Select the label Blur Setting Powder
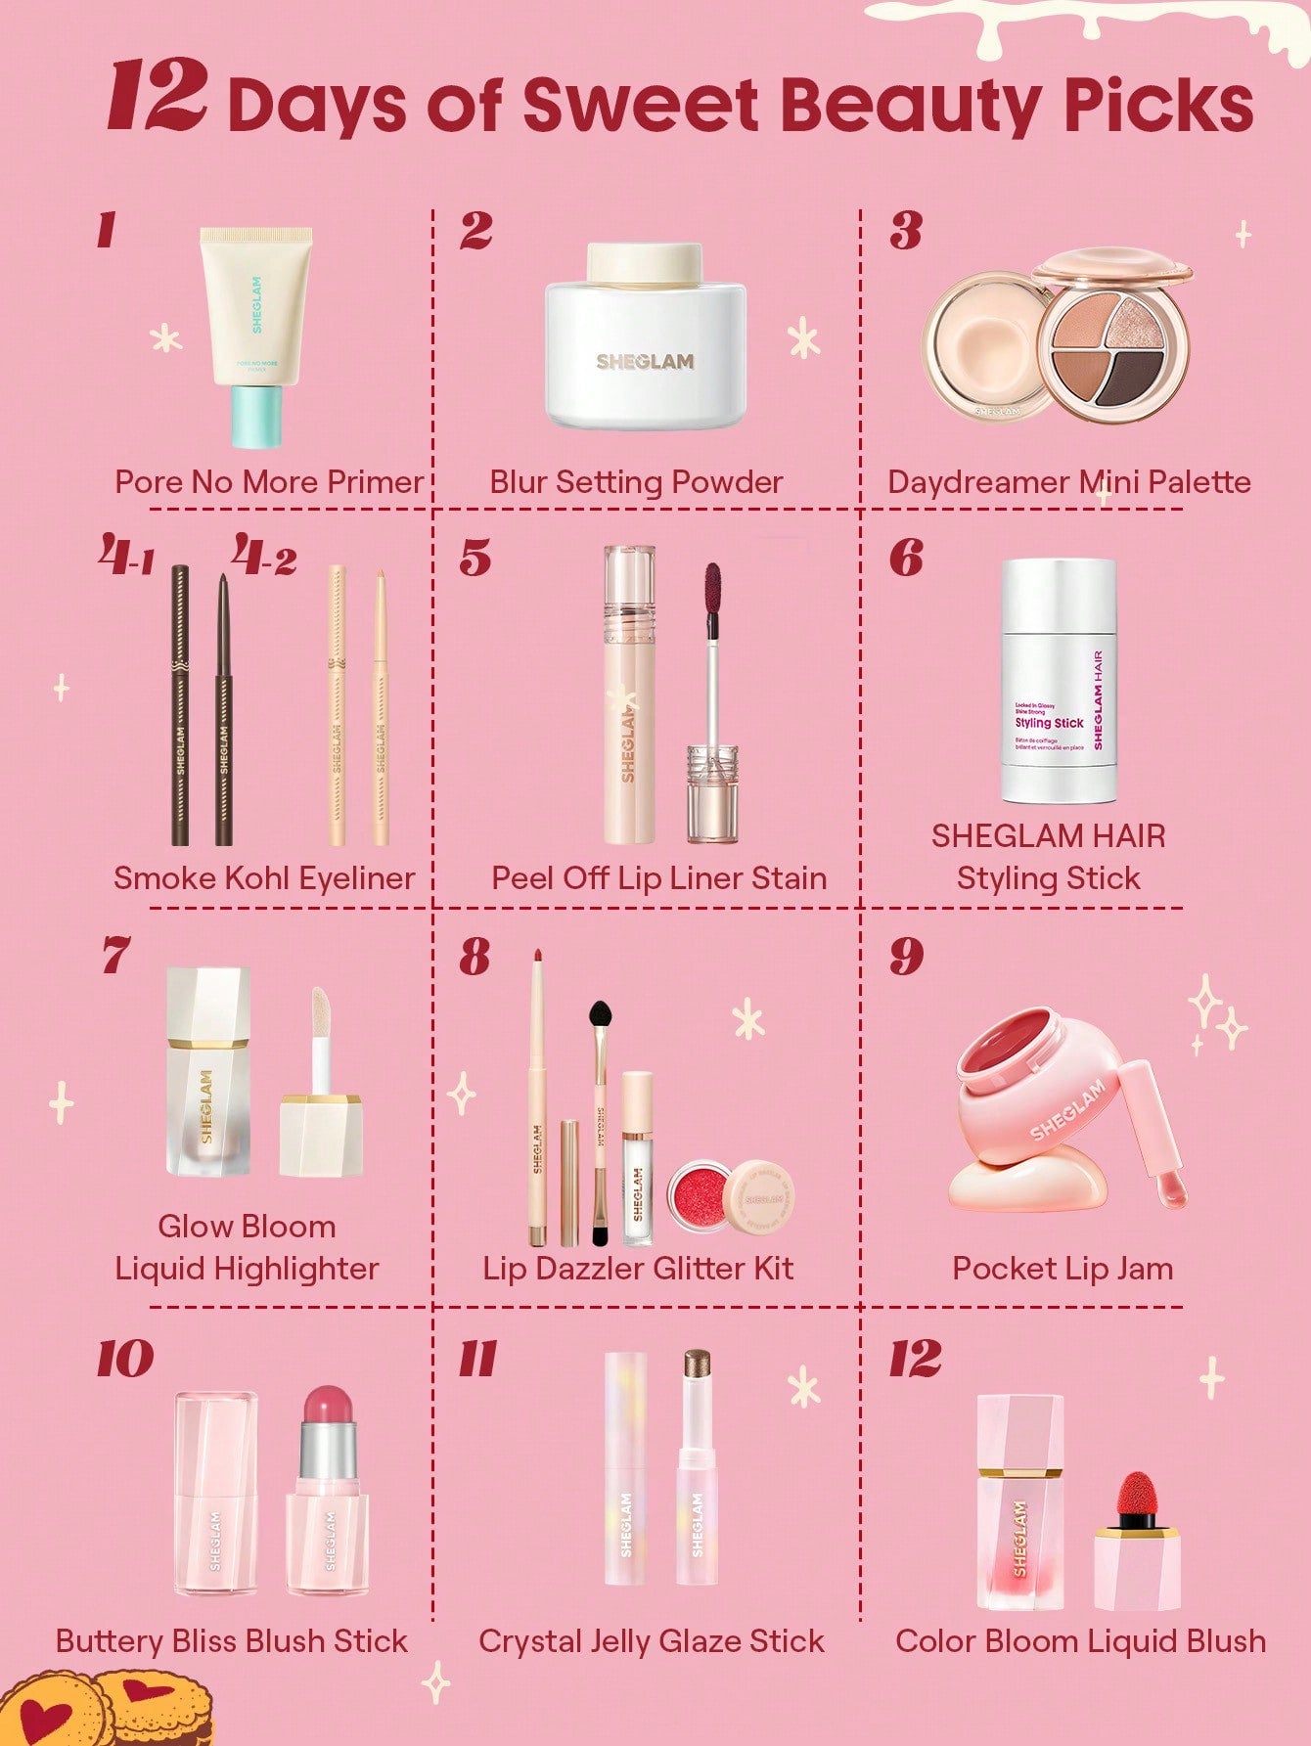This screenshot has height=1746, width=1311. click(x=636, y=481)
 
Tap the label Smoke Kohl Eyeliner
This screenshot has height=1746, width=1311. click(x=264, y=877)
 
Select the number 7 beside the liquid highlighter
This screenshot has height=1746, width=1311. click(x=114, y=956)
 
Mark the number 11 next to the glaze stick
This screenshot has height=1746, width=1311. click(x=477, y=1359)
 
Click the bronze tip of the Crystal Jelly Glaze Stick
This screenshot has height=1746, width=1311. click(x=697, y=1365)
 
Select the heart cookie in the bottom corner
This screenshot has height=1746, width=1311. click(x=49, y=1712)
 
